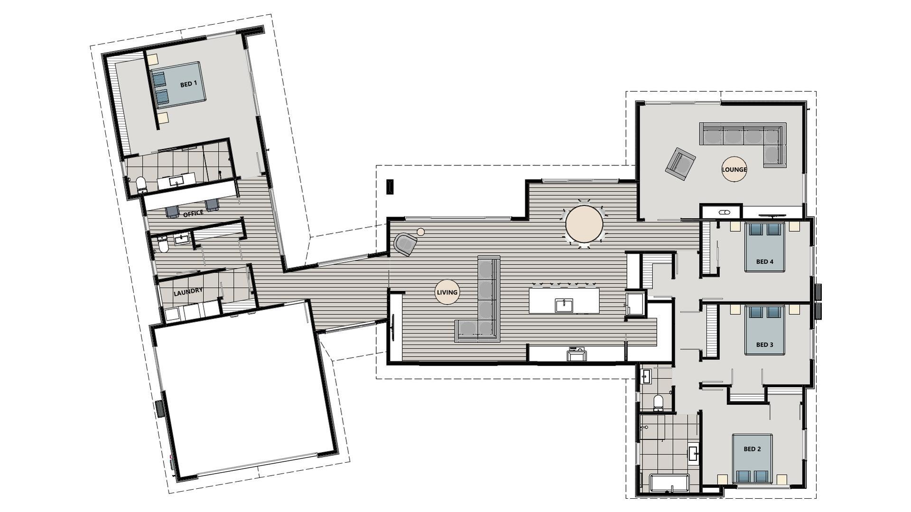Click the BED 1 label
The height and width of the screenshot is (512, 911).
[x=188, y=84]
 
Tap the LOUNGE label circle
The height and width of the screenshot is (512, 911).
[x=734, y=169]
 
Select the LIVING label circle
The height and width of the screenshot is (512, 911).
[x=447, y=292]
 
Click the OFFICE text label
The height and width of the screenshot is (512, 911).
[x=193, y=214]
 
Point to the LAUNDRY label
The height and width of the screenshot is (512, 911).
[x=188, y=292]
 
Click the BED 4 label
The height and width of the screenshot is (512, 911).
[x=764, y=262]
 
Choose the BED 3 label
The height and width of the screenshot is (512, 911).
[x=764, y=345]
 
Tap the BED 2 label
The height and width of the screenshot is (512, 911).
[x=752, y=449]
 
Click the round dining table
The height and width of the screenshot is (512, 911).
[x=584, y=224]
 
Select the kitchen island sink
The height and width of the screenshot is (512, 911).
[x=564, y=306]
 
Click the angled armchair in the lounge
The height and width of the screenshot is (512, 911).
[x=680, y=164]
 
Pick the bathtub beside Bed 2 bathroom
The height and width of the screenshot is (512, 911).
[x=669, y=483]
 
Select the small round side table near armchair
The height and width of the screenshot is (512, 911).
[x=420, y=232]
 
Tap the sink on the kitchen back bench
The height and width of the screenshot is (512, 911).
[x=576, y=355]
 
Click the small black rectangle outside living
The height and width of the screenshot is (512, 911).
[x=390, y=186]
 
